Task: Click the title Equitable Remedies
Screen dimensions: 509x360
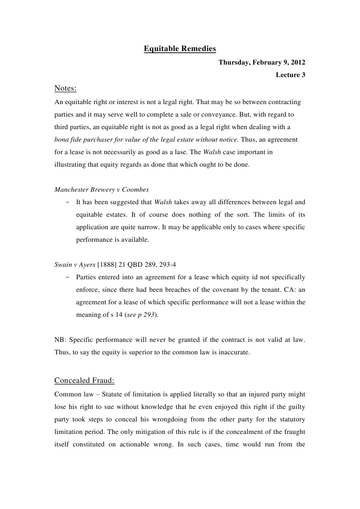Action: pos(180,49)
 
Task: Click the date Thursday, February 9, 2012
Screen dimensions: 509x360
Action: pos(262,63)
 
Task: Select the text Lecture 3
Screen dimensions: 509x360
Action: pos(290,75)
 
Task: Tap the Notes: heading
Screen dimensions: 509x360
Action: pos(65,89)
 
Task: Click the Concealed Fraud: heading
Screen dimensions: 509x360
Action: pos(84,380)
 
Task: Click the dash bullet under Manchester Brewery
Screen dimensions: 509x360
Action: pos(67,202)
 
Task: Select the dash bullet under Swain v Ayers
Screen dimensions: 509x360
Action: pos(67,277)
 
